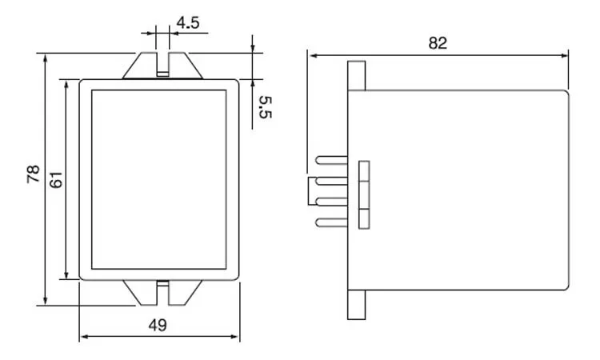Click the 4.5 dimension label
(188, 23)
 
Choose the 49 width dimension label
(158, 325)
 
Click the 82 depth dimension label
(438, 43)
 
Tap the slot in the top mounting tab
(162, 65)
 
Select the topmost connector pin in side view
(330, 162)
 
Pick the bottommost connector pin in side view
(330, 222)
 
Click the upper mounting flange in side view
(357, 75)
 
